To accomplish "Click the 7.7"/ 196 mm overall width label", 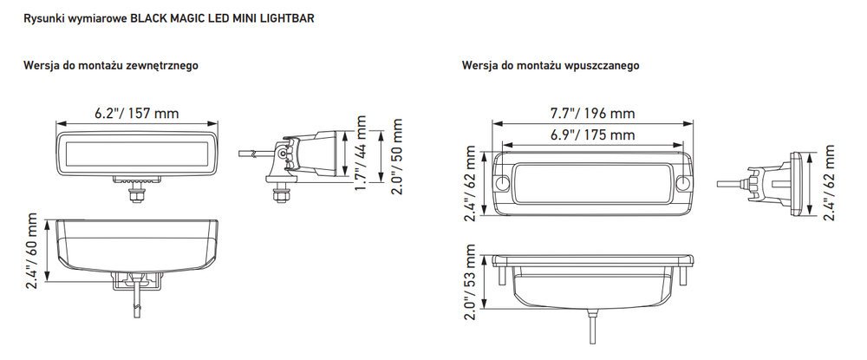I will (x=593, y=114).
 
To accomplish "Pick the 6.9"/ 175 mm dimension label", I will (x=593, y=134).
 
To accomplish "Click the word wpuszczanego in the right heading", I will (x=603, y=65).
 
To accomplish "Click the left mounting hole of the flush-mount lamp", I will (x=502, y=182).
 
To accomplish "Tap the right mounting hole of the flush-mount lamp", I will (x=683, y=182).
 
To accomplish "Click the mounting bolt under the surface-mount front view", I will (x=135, y=193).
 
